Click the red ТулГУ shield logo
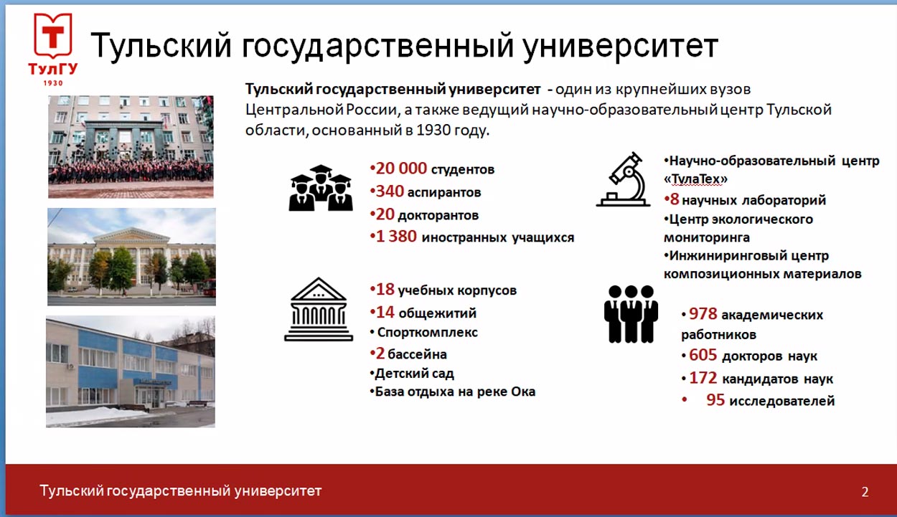53,36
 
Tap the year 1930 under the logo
53,83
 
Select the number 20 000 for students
401,169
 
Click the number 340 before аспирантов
390,191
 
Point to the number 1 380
396,237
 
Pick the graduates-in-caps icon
321,188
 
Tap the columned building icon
319,309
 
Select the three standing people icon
631,314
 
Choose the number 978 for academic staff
703,314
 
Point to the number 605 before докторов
703,355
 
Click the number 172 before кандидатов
703,378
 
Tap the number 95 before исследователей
715,399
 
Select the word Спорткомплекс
427,332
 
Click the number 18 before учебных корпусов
385,289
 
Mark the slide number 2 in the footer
865,492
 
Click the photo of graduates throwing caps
131,146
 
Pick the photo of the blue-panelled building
131,371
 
